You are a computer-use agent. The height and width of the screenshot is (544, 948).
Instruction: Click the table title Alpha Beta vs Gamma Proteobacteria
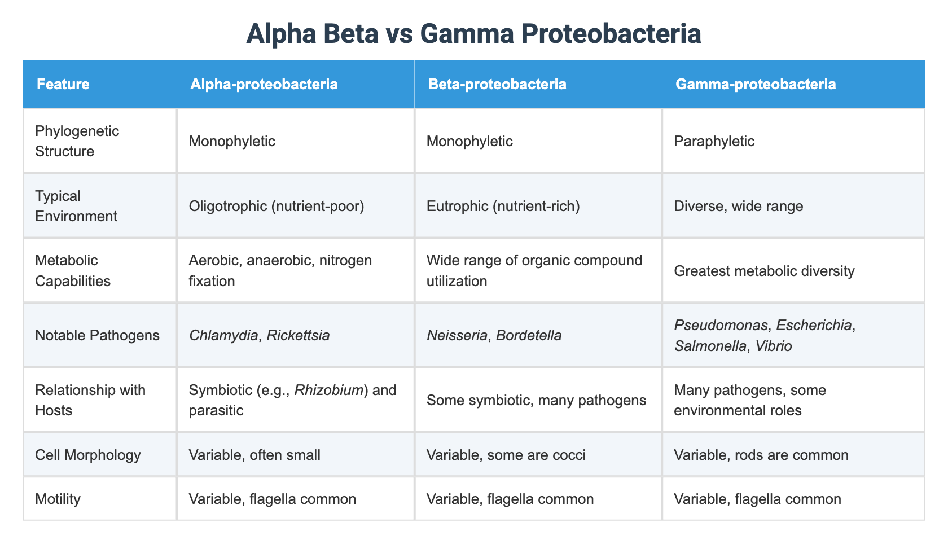pos(473,34)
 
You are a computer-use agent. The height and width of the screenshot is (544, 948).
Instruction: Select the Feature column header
pos(63,84)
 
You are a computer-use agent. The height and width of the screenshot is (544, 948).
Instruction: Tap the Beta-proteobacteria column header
pos(497,84)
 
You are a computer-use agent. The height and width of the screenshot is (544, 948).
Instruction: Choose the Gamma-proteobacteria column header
pos(756,84)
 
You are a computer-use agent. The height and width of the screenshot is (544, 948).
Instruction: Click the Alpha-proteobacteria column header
pos(264,84)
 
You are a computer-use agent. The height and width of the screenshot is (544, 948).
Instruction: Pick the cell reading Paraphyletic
pos(714,141)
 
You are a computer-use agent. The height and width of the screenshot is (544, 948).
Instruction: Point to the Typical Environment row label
pos(76,206)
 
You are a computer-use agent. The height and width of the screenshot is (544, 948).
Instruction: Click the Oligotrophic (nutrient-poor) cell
pos(276,206)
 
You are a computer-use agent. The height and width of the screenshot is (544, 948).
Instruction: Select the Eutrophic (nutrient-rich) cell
pos(503,206)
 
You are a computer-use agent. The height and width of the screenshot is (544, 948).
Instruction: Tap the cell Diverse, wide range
pos(739,206)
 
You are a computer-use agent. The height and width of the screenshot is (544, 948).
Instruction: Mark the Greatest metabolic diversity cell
pos(764,271)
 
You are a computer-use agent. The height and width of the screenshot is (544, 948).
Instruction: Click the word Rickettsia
pos(298,335)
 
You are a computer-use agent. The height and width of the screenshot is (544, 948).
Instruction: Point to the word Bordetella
pos(529,335)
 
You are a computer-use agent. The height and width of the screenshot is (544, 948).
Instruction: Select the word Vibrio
pos(773,346)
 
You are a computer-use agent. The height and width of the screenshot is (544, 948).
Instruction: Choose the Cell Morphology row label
pos(88,455)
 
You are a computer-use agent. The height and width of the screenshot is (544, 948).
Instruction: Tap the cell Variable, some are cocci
pos(506,455)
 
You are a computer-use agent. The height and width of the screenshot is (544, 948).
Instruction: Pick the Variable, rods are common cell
pos(761,455)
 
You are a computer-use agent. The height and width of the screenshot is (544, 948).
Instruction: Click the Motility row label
pos(58,499)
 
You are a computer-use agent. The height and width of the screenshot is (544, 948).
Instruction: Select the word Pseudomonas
pos(721,325)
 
